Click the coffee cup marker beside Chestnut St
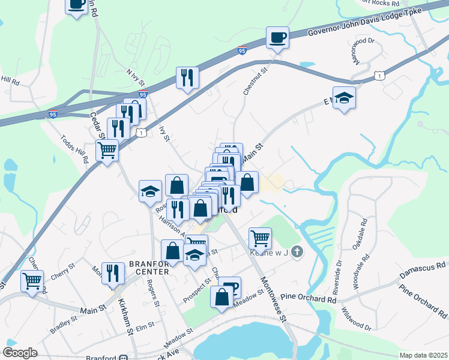277,38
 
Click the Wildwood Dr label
355,319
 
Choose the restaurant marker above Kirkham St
113,273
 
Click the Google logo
20,353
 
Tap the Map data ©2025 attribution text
423,355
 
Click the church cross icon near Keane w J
297,253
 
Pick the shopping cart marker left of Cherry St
32,280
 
